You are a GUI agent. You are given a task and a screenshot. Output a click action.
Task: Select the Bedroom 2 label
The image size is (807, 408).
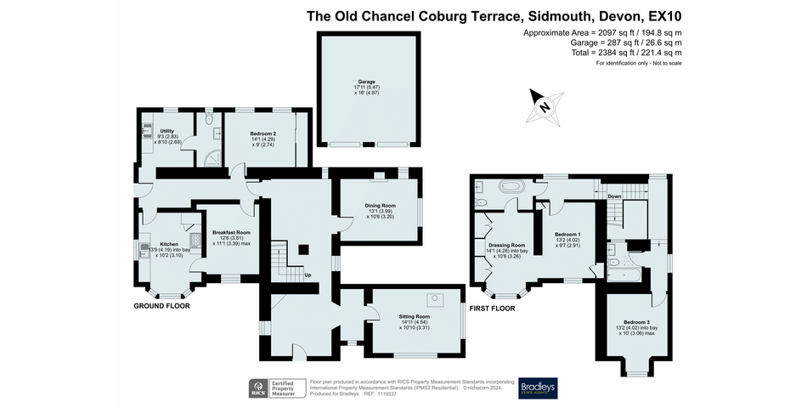coord(263,134)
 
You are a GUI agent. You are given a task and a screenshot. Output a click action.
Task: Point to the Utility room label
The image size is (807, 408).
coord(166,130)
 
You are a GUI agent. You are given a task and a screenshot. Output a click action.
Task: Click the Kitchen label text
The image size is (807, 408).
coord(169,244)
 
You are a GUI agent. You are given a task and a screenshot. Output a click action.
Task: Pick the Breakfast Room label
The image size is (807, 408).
coord(231,232)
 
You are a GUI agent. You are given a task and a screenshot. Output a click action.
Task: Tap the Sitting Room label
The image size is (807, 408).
coord(416,317)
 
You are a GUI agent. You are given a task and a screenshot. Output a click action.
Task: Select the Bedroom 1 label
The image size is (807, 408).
coord(567,234)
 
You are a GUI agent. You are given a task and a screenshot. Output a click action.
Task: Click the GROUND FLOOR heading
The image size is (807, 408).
coord(161,305)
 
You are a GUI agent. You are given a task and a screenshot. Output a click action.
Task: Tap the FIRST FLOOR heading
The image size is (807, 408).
coord(493,308)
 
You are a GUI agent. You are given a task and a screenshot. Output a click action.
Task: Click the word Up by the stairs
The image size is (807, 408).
coord(308,275)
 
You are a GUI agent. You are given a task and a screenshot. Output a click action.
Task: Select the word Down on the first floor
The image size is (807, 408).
coord(614,195)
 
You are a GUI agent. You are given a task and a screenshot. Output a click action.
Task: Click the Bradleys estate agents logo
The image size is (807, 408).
coord(538,387)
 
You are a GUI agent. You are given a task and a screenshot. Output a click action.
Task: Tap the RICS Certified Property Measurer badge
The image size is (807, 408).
coord(277,388)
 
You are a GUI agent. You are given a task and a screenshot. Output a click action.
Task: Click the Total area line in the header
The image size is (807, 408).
coord(627,53)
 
